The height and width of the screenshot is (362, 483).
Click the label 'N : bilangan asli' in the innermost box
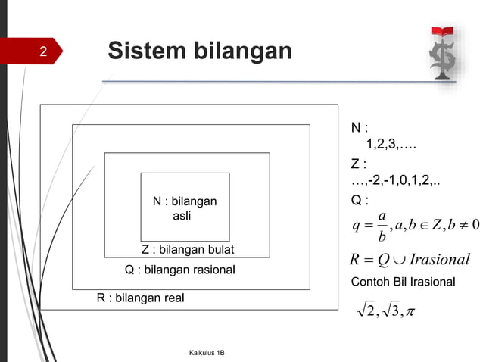(185, 208)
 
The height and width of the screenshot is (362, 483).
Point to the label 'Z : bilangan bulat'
(188, 250)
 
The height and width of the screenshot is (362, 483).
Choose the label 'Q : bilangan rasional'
(179, 270)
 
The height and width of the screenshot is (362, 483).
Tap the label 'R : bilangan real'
(140, 298)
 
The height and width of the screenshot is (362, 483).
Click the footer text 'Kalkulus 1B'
(211, 353)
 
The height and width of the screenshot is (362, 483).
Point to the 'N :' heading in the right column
(359, 127)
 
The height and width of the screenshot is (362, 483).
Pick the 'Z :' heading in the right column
(359, 164)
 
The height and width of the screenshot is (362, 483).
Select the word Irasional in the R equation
(439, 260)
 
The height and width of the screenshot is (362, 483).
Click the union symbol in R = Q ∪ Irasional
(399, 261)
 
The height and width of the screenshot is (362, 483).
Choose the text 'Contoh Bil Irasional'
(403, 282)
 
